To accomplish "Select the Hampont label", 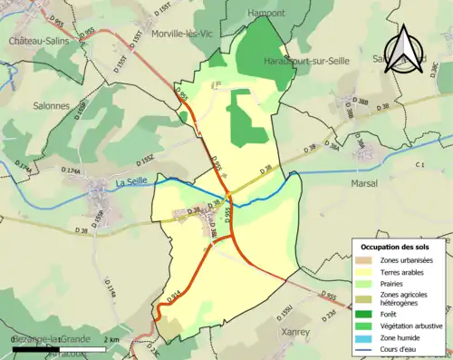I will pyautogui.click(x=265, y=14).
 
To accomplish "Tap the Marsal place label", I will pyautogui.click(x=362, y=182).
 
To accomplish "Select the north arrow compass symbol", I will pyautogui.click(x=405, y=48).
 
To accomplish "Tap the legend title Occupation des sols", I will pyautogui.click(x=395, y=247).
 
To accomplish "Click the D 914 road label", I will pyautogui.click(x=173, y=295).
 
